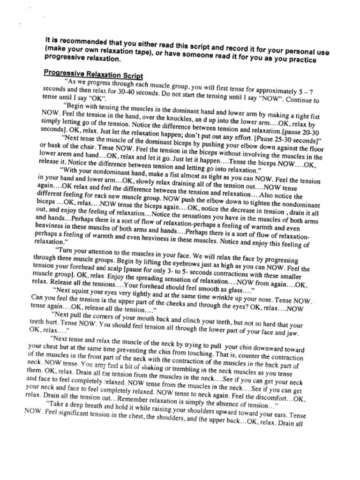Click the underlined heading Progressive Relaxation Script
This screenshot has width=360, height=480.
point(93,75)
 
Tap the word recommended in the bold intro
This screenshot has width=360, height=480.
point(82,41)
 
